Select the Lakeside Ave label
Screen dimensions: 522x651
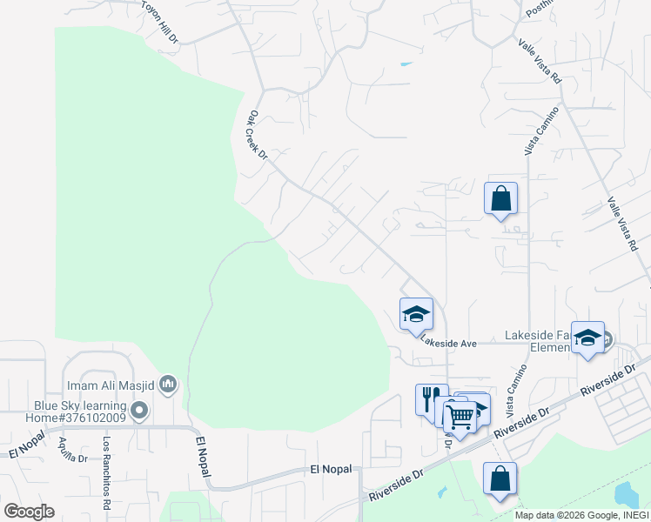[448, 344]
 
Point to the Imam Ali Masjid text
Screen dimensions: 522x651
[112, 385]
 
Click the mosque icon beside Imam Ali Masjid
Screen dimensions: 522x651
[169, 384]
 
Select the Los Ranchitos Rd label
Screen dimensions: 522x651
[106, 471]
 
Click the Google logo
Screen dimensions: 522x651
[29, 511]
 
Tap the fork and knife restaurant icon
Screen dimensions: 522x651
[431, 399]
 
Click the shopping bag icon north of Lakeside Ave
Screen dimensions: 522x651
[501, 198]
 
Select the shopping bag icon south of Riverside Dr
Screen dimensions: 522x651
[500, 478]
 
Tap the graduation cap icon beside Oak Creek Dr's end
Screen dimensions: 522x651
[416, 314]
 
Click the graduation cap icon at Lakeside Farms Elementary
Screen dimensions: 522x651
[588, 338]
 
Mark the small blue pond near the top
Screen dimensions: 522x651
[406, 64]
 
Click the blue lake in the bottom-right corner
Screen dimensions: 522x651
[627, 497]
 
